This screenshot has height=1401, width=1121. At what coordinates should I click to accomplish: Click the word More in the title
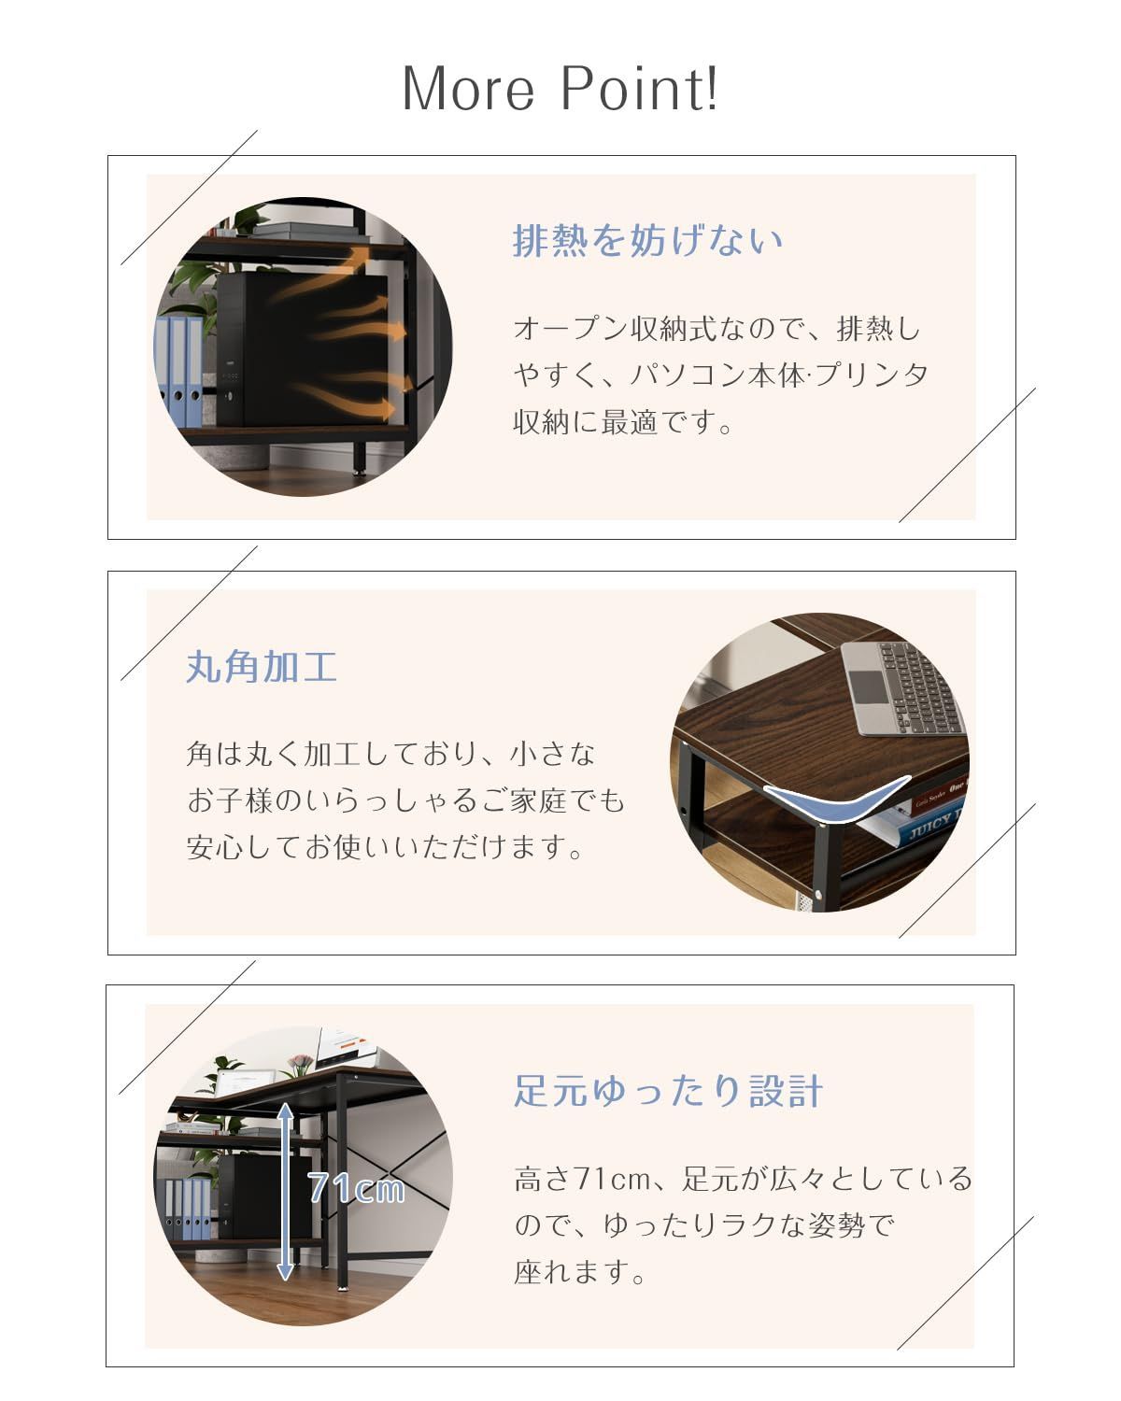(468, 89)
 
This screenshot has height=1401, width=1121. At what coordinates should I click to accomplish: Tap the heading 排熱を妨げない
(647, 240)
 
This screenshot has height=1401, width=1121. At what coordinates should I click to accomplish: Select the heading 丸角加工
(262, 667)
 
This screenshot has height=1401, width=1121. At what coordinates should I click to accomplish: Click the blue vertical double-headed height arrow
(285, 1192)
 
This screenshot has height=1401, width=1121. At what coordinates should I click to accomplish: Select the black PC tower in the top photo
(302, 349)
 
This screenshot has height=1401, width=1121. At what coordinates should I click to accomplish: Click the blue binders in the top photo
(178, 370)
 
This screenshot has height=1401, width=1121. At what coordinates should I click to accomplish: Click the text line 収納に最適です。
(623, 422)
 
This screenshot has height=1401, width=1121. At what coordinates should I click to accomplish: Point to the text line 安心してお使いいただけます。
(385, 847)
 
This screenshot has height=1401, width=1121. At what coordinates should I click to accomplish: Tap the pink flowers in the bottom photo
(300, 1061)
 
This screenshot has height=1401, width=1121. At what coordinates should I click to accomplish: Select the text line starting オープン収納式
(717, 329)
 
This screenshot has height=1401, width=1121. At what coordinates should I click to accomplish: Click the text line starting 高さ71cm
(744, 1179)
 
